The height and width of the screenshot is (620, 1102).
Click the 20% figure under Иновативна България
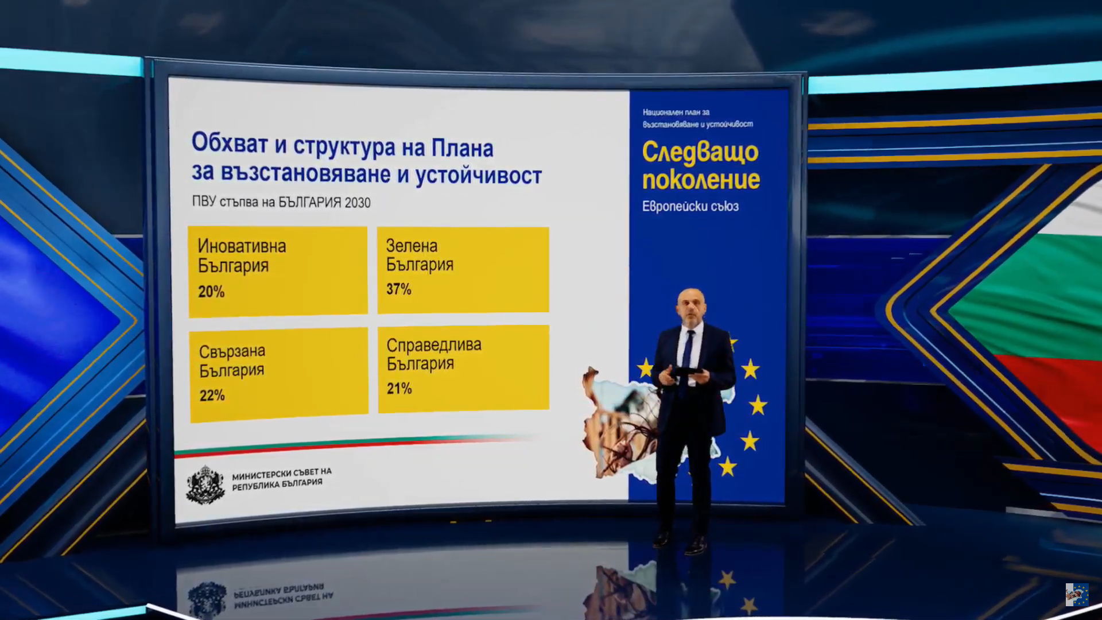pyautogui.click(x=211, y=292)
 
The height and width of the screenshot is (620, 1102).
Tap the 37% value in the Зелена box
pyautogui.click(x=399, y=289)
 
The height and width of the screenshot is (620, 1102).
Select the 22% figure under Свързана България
pyautogui.click(x=212, y=395)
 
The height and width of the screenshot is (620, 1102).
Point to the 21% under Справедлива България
pyautogui.click(x=399, y=388)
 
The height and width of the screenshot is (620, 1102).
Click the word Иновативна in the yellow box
pyautogui.click(x=242, y=246)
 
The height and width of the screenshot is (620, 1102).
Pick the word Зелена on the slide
pyautogui.click(x=412, y=246)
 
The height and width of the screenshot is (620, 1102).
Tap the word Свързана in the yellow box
pyautogui.click(x=232, y=351)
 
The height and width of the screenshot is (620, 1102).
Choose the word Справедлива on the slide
pyautogui.click(x=434, y=345)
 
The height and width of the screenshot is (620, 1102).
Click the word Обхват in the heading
pyautogui.click(x=230, y=142)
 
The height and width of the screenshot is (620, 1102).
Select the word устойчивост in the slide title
pyautogui.click(x=479, y=175)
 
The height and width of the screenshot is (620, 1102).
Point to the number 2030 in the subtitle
pyautogui.click(x=358, y=203)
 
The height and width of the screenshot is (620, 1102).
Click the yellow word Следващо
pyautogui.click(x=700, y=153)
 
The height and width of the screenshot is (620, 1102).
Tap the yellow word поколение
pyautogui.click(x=701, y=180)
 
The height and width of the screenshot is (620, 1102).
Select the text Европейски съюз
pyautogui.click(x=690, y=206)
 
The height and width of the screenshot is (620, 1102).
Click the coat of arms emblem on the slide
pyautogui.click(x=205, y=485)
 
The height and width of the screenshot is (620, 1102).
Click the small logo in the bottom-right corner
pyautogui.click(x=1077, y=595)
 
